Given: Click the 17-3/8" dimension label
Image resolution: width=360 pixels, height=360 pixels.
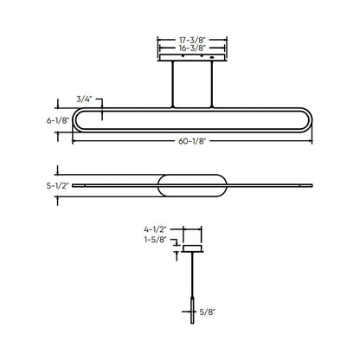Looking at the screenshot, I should [x=192, y=40].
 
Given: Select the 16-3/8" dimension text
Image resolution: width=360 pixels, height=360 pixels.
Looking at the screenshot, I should [x=192, y=49].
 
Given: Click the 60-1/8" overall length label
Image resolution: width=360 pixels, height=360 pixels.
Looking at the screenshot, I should [x=192, y=140].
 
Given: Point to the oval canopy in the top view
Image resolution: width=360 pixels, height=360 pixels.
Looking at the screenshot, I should [x=192, y=184].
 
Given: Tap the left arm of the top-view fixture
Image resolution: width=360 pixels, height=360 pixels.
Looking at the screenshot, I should [x=117, y=184].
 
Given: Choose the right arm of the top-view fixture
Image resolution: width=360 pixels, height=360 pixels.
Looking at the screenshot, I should [x=268, y=184].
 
